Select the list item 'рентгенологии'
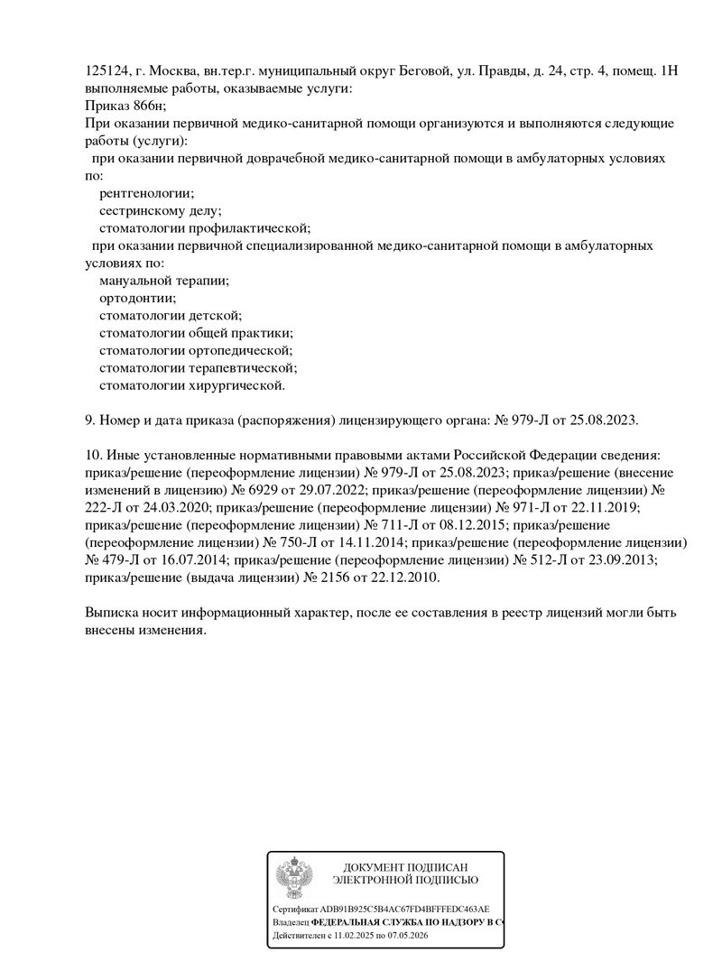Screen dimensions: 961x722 [146, 192]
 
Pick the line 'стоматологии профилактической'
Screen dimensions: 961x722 [205, 227]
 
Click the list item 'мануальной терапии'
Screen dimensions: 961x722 [164, 281]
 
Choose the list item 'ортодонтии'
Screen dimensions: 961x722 [138, 298]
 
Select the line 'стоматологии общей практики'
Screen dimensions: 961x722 [196, 333]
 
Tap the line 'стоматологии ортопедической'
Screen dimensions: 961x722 [196, 350]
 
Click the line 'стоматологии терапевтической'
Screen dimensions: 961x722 [198, 368]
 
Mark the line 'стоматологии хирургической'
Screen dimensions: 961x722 [192, 385]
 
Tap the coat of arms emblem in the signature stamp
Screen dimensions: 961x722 [293, 876]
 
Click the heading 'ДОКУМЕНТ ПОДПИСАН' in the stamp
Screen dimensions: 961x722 [405, 867]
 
